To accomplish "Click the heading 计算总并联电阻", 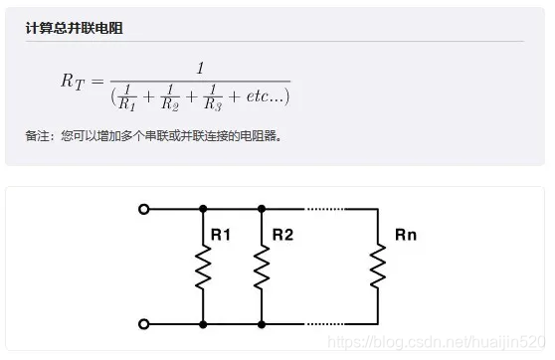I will (75, 28).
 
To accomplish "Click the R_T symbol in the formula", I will (75, 82).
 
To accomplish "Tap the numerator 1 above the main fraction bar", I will (200, 68).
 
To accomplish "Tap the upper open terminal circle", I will (144, 209).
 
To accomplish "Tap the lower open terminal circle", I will (144, 324).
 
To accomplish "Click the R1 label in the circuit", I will (221, 236).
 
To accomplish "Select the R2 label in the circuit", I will (282, 236).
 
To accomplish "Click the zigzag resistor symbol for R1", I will (203, 267).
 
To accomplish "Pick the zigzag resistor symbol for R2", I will (262, 267).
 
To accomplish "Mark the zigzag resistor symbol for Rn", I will (378, 267).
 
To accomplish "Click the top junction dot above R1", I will (203, 209).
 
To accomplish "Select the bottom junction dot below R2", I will (262, 324).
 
